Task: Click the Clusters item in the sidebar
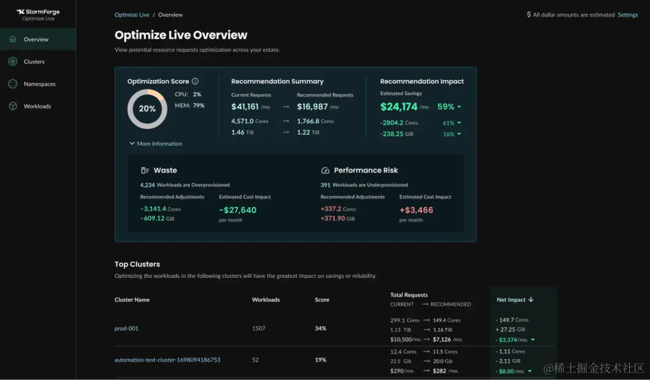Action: pos(34,62)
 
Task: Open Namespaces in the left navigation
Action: pos(39,84)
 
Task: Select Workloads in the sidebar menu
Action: pos(37,106)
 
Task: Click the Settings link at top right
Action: pos(628,15)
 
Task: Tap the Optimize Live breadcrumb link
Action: pos(132,15)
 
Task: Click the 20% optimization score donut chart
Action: pos(147,108)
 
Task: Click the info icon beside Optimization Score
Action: pos(196,81)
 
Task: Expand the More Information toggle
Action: pos(156,143)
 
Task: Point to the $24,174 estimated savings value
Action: pos(399,107)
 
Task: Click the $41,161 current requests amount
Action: pos(245,107)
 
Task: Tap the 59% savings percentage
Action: pos(446,107)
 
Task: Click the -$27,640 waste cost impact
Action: pos(238,209)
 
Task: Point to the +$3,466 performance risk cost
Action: pos(416,209)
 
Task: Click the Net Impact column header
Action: pos(515,299)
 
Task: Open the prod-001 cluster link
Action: pos(126,329)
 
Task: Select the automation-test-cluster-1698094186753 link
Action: pos(167,360)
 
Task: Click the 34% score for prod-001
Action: pos(321,329)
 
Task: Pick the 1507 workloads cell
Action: pos(258,329)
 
